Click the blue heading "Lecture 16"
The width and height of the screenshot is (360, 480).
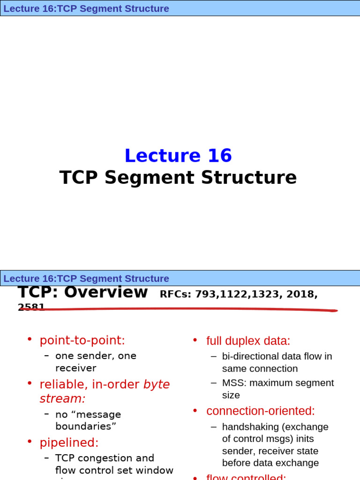click(178, 156)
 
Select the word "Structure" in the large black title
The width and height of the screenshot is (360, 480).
click(248, 178)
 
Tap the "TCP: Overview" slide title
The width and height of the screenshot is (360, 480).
click(82, 292)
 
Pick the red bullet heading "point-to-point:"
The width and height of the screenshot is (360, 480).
click(82, 340)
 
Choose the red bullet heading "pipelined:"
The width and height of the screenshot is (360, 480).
click(69, 442)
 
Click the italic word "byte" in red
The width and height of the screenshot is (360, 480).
click(157, 384)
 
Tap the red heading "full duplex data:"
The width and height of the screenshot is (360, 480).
click(248, 341)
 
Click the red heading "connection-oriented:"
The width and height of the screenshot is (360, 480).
click(260, 411)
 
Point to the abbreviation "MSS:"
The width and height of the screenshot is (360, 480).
click(234, 383)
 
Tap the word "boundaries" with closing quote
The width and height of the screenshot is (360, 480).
click(85, 427)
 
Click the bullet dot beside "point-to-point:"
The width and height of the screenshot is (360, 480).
click(30, 339)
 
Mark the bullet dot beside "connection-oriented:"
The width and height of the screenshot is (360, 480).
click(195, 410)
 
